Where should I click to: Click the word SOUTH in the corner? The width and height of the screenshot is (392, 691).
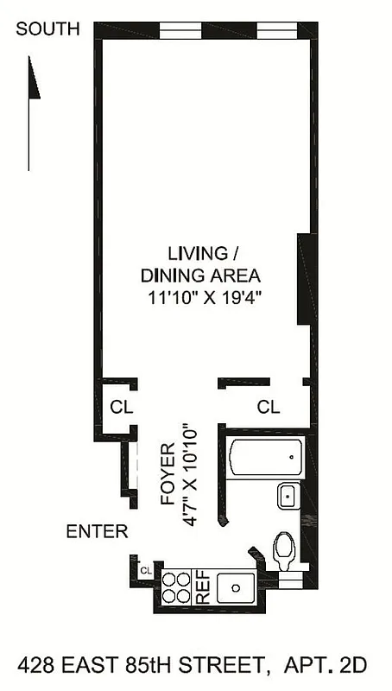(48, 29)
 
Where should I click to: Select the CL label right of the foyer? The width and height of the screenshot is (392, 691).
(269, 407)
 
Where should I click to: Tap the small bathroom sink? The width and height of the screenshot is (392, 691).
(288, 496)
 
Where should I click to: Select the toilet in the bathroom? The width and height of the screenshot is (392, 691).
(284, 549)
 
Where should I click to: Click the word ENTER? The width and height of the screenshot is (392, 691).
(97, 531)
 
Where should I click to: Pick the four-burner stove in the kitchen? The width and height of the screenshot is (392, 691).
(178, 587)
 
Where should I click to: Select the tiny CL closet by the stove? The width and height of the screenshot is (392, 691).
(145, 570)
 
